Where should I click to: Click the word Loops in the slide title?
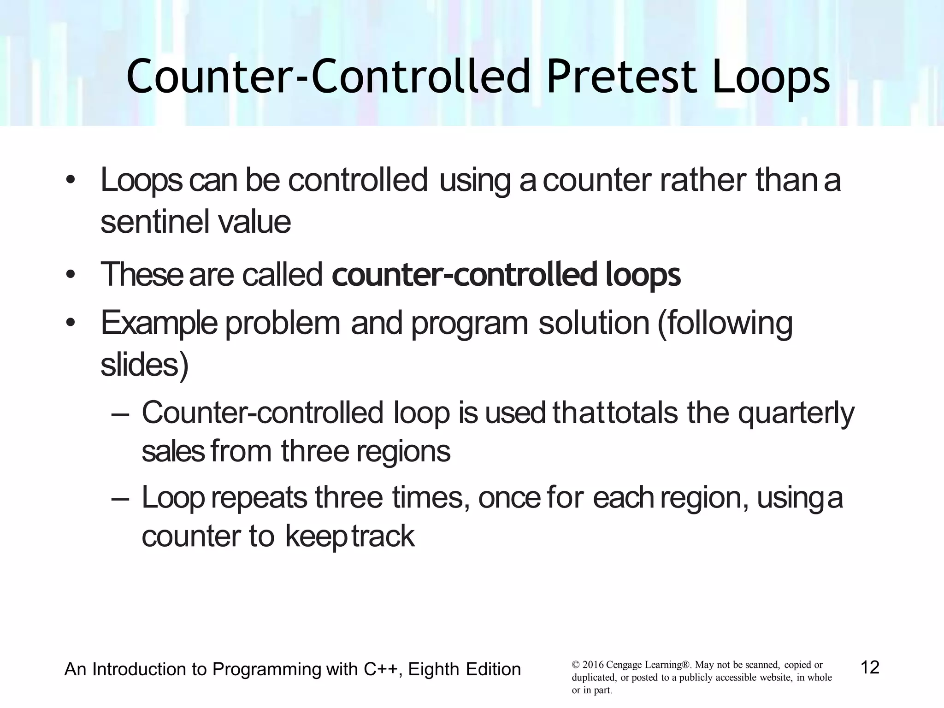click(771, 77)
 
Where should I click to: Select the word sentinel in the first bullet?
click(153, 222)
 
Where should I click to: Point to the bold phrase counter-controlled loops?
click(506, 275)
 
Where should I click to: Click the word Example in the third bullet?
click(159, 323)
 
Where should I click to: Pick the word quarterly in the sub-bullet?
click(796, 413)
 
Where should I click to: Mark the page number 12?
click(870, 667)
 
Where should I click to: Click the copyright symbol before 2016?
click(575, 665)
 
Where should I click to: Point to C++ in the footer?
click(381, 669)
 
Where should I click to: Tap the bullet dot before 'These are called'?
click(70, 275)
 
